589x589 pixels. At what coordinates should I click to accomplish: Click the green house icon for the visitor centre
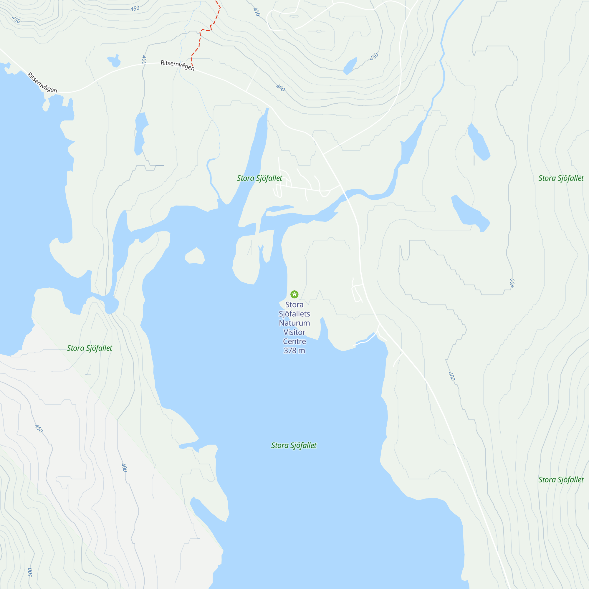294,294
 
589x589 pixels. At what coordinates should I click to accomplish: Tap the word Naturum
294,323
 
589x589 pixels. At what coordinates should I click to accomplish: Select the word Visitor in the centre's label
294,332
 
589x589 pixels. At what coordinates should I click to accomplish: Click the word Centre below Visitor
294,341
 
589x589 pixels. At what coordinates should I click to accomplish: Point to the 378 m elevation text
294,350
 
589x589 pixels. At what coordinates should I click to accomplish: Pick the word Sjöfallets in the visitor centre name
294,314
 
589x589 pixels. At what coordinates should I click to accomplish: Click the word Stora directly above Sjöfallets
294,305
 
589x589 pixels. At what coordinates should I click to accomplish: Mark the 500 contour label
30,572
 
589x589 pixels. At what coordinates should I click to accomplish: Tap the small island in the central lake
194,256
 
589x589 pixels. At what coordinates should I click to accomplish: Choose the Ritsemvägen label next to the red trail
177,65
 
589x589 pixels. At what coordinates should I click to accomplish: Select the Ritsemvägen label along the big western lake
42,83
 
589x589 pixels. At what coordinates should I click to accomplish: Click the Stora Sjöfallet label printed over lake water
294,445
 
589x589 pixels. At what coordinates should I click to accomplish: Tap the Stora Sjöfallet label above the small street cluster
259,178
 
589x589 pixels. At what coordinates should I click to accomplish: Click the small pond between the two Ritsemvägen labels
114,61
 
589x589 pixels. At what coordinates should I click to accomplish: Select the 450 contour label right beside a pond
374,57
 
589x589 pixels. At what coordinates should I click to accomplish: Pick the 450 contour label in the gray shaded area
39,428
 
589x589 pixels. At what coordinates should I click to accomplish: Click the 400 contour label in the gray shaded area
124,467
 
